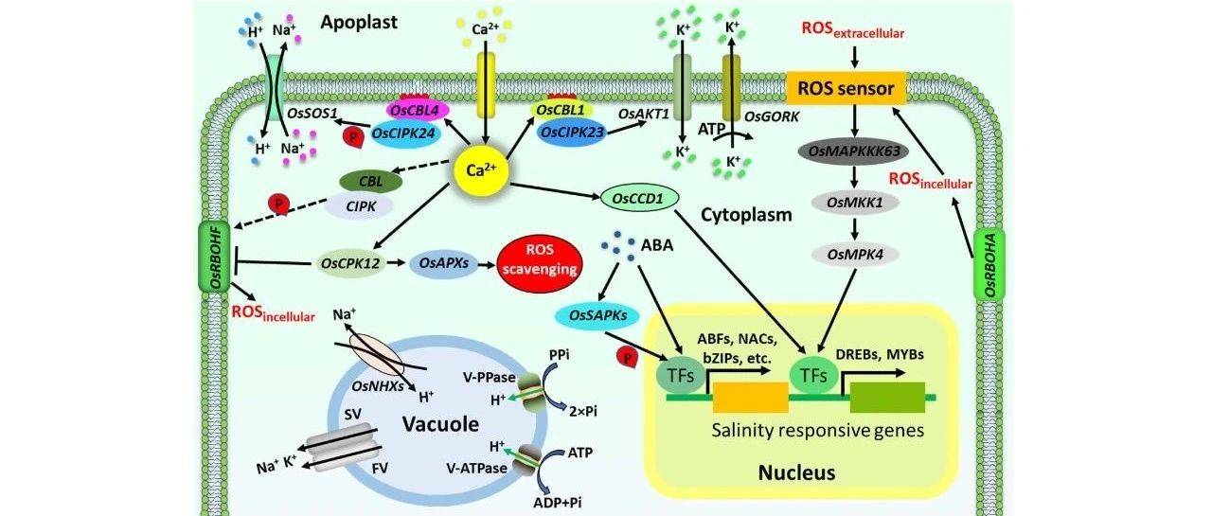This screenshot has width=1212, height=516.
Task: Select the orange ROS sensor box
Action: [847, 89]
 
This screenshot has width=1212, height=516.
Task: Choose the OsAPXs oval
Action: [441, 263]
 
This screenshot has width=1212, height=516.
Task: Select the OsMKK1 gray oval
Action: [856, 204]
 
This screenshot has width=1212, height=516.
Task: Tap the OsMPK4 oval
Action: [856, 255]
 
